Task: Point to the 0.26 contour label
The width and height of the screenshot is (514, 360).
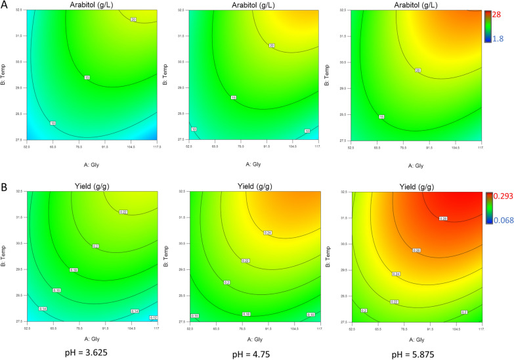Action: [x=416, y=250]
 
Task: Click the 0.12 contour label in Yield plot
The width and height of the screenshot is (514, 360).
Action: [x=153, y=317]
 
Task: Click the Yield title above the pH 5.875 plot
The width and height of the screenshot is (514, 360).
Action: [x=416, y=185]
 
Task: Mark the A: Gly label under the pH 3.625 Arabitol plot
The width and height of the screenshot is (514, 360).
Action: [x=92, y=158]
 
